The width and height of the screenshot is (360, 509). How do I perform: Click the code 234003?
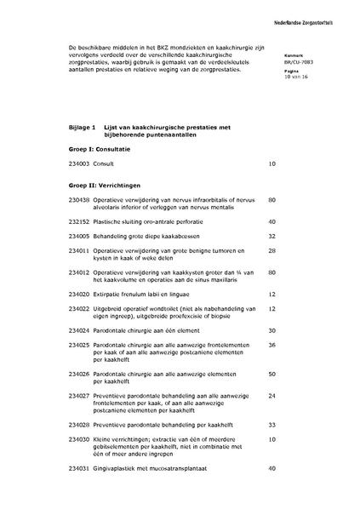pos(77,163)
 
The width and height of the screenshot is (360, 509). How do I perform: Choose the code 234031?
pos(77,468)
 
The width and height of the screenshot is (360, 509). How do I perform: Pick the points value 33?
pos(272,423)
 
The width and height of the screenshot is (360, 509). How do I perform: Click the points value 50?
pos(272,373)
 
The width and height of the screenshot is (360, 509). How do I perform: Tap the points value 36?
pos(272,345)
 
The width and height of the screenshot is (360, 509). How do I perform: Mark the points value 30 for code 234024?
pos(272,329)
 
